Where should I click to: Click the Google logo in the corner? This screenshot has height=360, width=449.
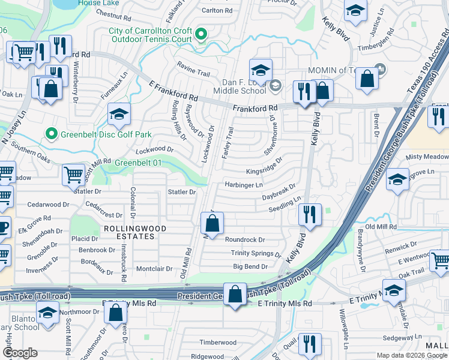pyautogui.click(x=20, y=353)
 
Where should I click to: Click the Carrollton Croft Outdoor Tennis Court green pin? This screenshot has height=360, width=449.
pyautogui.click(x=202, y=34)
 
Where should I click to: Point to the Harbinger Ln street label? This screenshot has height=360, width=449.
pyautogui.click(x=243, y=185)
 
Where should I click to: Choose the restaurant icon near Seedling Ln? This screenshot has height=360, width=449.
pyautogui.click(x=309, y=215)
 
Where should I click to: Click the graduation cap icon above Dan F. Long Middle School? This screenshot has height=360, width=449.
pyautogui.click(x=261, y=71)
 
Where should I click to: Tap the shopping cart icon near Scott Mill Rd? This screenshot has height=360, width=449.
pyautogui.click(x=73, y=175)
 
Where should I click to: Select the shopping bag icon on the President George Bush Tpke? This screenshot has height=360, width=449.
pyautogui.click(x=235, y=295)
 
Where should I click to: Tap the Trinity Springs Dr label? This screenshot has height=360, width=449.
pyautogui.click(x=252, y=253)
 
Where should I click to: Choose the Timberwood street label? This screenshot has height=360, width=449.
pyautogui.click(x=218, y=343)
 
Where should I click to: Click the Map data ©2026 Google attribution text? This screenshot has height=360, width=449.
pyautogui.click(x=412, y=355)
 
